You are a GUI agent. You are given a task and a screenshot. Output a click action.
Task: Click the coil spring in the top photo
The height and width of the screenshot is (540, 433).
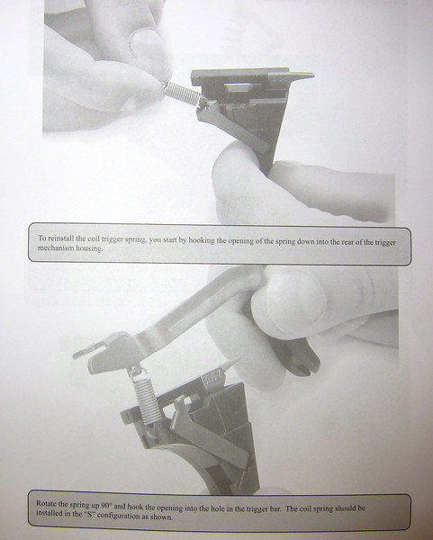(x=181, y=94)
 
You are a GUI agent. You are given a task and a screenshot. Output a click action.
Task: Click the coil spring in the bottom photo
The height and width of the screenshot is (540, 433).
(x=146, y=400)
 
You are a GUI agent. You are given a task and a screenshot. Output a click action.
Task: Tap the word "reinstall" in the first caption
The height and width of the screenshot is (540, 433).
(x=59, y=238)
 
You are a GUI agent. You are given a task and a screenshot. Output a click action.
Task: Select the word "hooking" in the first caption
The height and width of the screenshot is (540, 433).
(x=201, y=240)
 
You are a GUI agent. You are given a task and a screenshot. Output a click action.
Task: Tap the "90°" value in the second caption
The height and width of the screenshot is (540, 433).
(x=107, y=506)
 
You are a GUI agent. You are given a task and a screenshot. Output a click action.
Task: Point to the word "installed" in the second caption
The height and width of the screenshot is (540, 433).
(x=48, y=512)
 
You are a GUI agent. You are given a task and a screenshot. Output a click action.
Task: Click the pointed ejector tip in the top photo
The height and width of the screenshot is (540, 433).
(x=312, y=74)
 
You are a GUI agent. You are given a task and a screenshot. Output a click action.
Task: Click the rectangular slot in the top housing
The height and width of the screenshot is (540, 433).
(x=238, y=86)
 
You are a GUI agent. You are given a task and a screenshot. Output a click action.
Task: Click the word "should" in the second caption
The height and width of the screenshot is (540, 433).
(x=345, y=508)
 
